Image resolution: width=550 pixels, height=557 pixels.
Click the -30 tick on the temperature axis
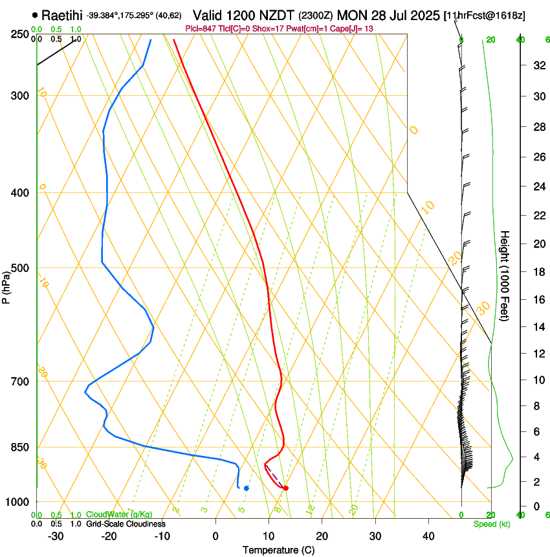click(x=56, y=536)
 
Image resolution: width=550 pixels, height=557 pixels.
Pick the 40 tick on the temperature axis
click(x=428, y=536)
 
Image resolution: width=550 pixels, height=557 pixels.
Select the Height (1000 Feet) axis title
click(x=505, y=276)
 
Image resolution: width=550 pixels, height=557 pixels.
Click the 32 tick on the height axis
click(x=538, y=65)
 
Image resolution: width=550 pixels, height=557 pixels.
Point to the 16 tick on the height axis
click(x=538, y=300)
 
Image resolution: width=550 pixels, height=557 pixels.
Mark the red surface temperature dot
click(x=285, y=488)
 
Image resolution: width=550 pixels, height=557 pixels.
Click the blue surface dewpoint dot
click(x=246, y=488)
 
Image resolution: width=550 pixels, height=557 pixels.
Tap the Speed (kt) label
click(x=491, y=524)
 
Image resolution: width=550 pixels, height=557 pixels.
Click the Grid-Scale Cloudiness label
click(x=126, y=523)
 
